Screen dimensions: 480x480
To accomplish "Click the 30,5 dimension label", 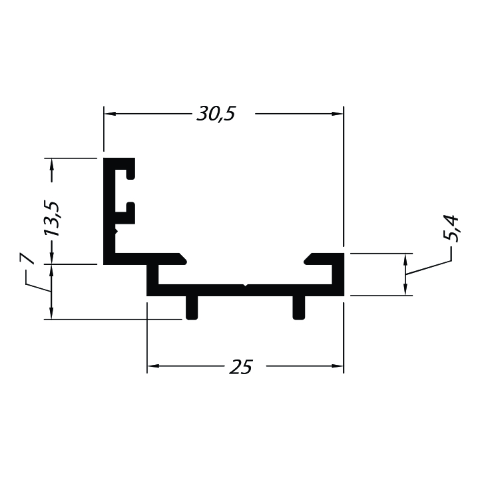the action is [x=216, y=114].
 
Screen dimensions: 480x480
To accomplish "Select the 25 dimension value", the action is [x=240, y=367].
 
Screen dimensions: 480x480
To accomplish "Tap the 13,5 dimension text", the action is [x=51, y=218].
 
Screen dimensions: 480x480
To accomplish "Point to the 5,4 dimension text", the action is [x=451, y=228].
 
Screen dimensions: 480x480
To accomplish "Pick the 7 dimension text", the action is [x=27, y=258].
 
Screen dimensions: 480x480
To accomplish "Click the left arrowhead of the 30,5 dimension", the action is [x=111, y=114].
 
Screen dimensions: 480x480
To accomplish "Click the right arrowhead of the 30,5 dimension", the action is [x=337, y=114].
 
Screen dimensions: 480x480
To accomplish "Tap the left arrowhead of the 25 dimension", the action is [x=153, y=365].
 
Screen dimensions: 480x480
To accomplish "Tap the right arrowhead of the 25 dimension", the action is [x=337, y=365].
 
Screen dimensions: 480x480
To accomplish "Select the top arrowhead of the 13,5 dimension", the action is [x=51, y=164].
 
